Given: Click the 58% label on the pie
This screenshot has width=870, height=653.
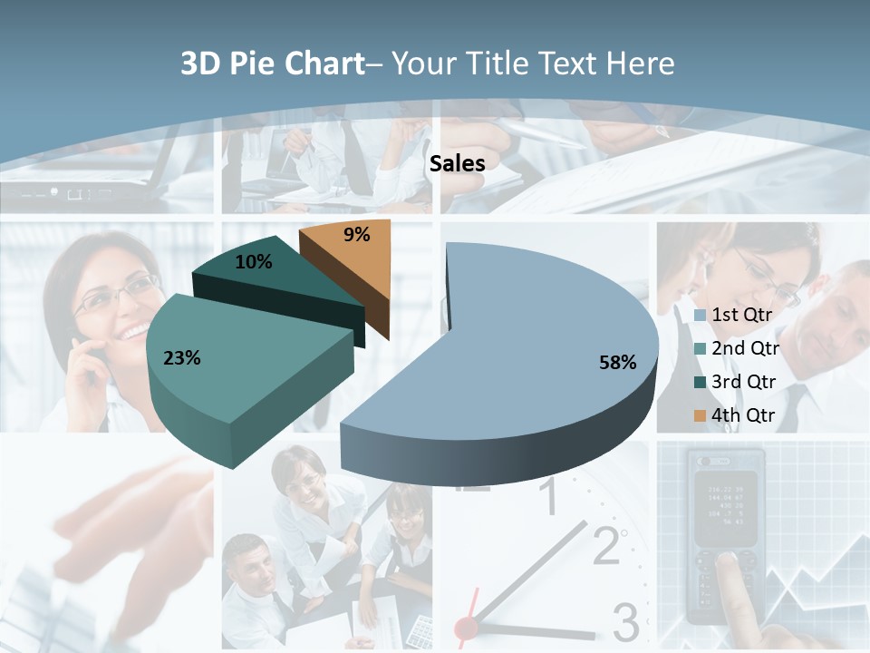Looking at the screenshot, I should click(617, 363).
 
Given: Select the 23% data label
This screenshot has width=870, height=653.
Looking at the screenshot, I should click(181, 358).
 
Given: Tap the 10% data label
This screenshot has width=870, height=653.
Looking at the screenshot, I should click(253, 262).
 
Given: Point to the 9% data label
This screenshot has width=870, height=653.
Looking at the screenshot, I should click(357, 235).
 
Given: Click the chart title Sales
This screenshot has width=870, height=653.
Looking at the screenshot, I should click(457, 163).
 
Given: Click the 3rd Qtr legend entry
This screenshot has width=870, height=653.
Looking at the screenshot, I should click(744, 382).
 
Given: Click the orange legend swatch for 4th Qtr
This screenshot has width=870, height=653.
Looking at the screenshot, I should click(700, 415).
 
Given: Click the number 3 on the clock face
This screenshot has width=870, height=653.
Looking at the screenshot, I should click(625, 621).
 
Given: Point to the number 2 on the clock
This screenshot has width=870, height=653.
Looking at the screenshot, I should click(607, 544).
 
